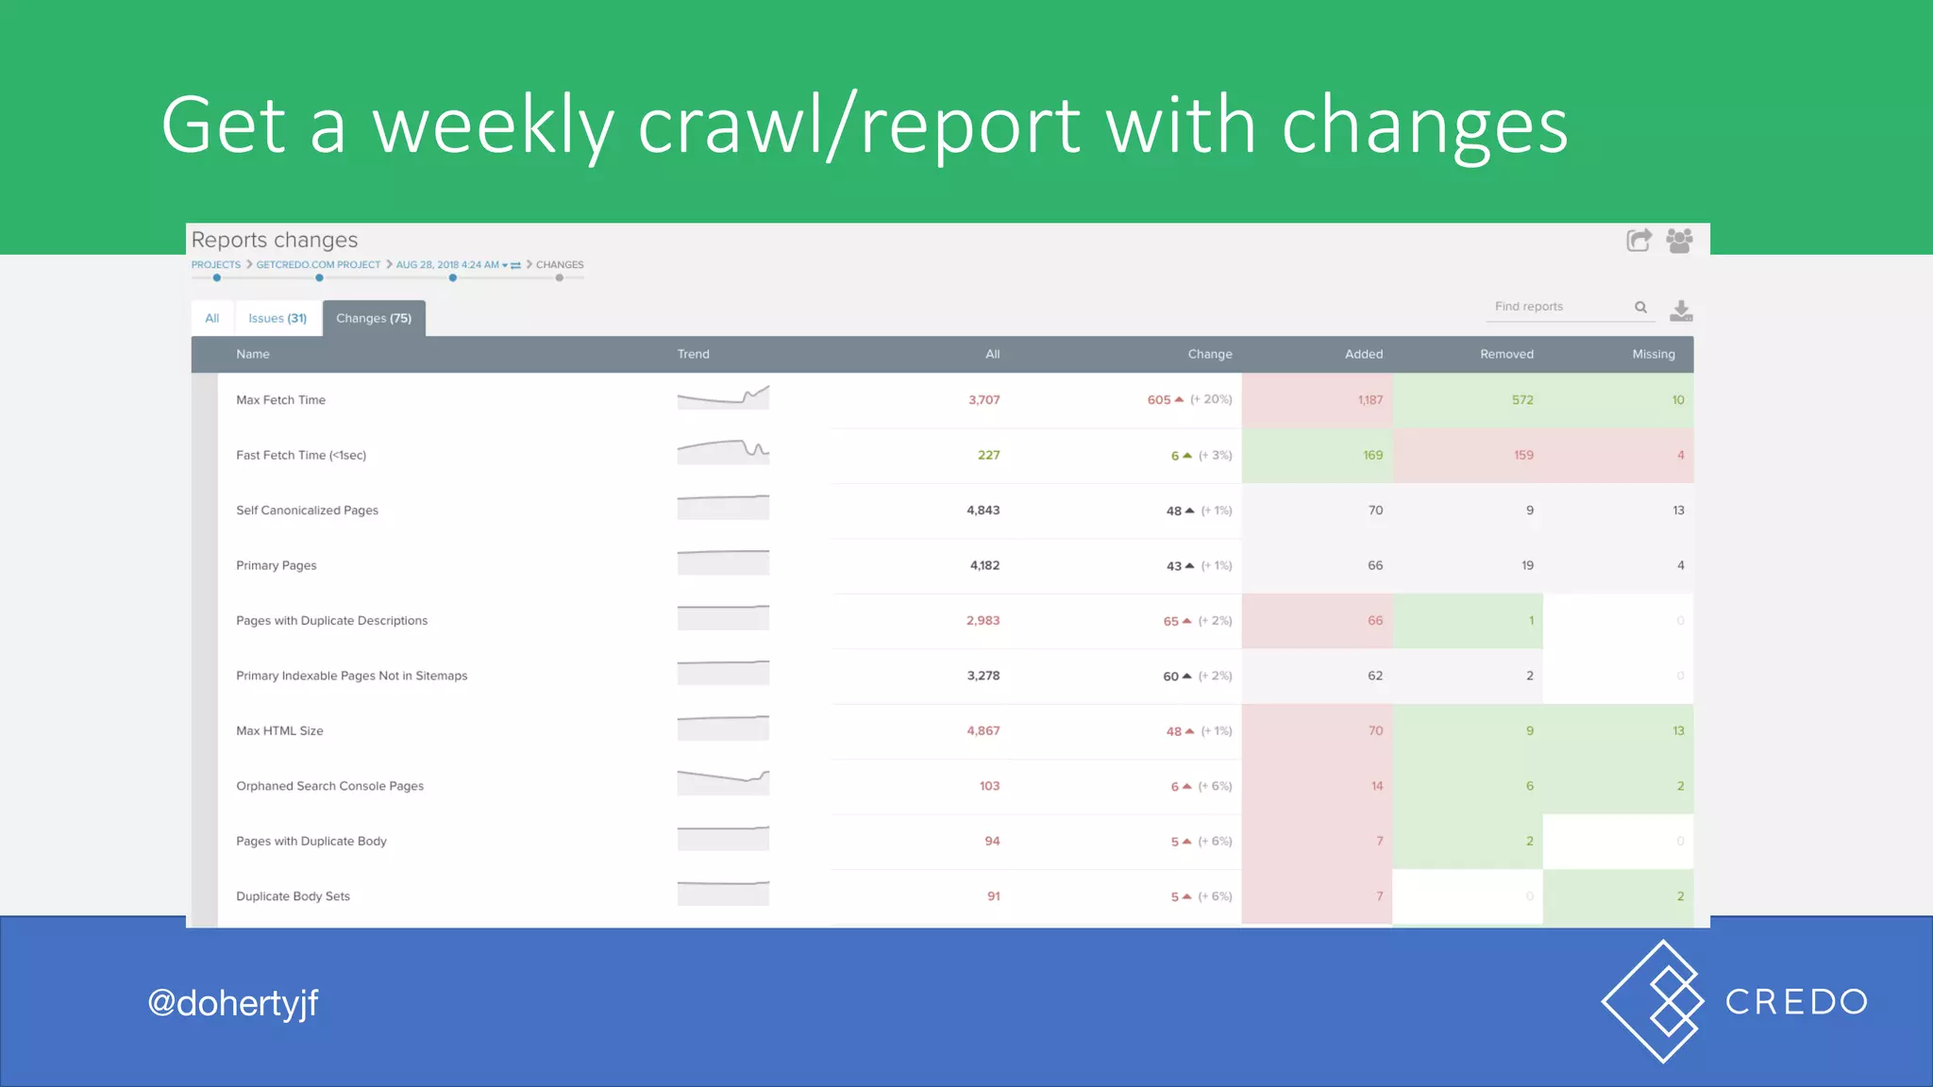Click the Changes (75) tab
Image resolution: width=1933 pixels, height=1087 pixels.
coord(374,319)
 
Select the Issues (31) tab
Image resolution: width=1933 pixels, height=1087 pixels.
coord(277,319)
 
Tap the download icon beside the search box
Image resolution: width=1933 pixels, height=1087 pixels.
coord(1681,310)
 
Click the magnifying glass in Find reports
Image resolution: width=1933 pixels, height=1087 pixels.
coord(1640,308)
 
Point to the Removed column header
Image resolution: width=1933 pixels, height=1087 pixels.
coord(1506,355)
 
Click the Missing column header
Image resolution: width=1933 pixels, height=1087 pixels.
coord(1654,355)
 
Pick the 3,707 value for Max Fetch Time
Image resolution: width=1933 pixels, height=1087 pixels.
coord(983,400)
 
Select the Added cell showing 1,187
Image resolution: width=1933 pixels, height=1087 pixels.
coord(1370,400)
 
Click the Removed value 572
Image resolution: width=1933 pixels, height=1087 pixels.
coord(1521,400)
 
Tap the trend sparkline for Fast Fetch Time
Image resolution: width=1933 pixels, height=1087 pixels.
coord(723,452)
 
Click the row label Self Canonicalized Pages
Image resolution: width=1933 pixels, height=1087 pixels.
coord(307,510)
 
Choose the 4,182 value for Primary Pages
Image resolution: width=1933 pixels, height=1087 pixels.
coord(984,566)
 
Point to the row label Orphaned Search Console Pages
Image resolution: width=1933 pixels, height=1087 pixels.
coord(329,786)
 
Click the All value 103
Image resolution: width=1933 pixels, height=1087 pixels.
coord(989,786)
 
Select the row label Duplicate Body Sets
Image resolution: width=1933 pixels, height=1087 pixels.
coord(293,896)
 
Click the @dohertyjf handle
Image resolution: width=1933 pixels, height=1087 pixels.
coord(233,1003)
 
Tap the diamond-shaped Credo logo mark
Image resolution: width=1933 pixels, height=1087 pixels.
coord(1654,1001)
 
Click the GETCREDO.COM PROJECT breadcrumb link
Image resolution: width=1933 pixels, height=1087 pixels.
coord(318,265)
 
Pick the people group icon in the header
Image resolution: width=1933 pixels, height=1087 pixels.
coord(1679,241)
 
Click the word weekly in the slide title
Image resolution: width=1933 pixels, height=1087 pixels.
coord(493,125)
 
